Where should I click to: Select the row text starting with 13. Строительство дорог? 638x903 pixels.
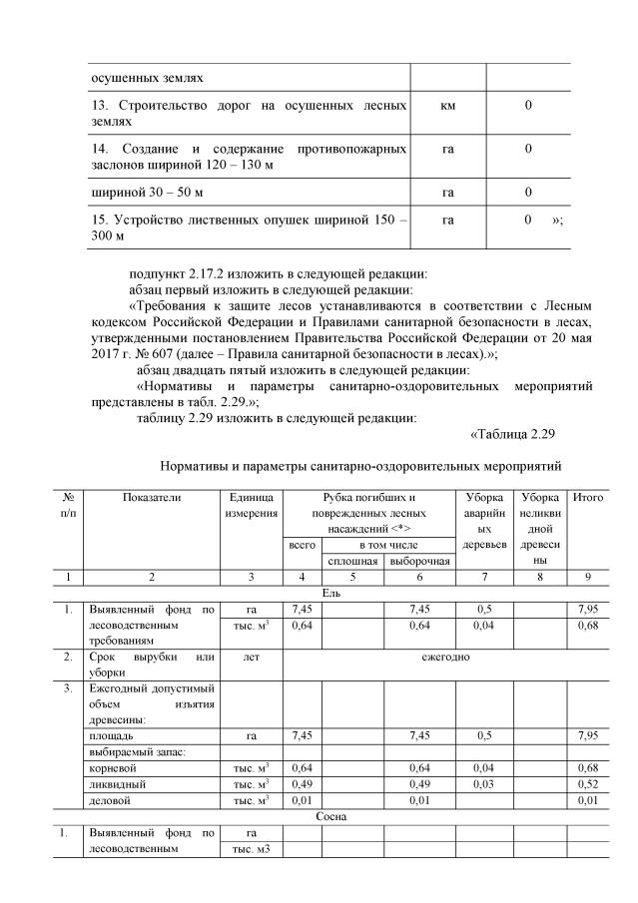[x=248, y=112]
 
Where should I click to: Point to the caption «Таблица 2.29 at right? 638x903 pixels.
[x=510, y=434]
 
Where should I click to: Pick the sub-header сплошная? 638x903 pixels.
[x=352, y=562]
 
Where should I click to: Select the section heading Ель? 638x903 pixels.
[x=330, y=592]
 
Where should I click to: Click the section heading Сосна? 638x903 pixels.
[x=330, y=815]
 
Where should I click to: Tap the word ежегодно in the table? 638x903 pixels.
[x=441, y=659]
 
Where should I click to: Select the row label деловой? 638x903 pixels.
[x=110, y=799]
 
